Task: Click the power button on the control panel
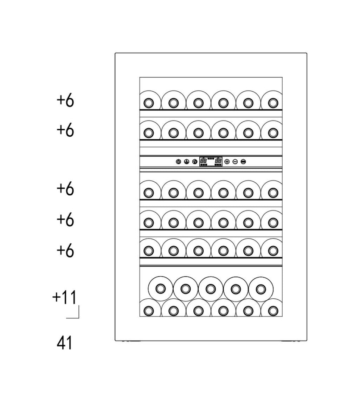point(179,162)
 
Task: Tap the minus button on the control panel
point(235,162)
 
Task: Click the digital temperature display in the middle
point(211,162)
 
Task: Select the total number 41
point(64,343)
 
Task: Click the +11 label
point(64,297)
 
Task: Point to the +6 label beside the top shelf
point(65,100)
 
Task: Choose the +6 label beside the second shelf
point(65,130)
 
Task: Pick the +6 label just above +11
point(65,251)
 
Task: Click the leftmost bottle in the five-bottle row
point(160,289)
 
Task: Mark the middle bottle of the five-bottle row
point(211,289)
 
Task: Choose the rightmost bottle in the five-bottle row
point(261,289)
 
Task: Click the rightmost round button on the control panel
point(243,162)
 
